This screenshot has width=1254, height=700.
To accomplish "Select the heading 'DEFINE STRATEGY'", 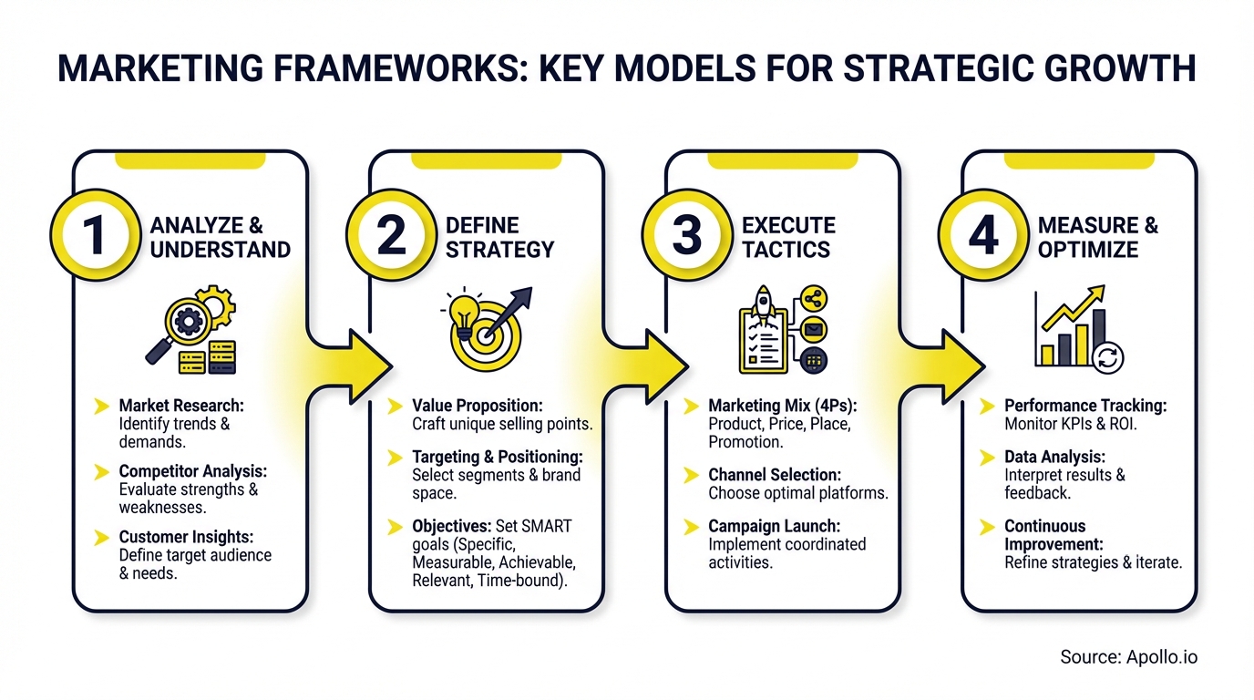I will point(499,238).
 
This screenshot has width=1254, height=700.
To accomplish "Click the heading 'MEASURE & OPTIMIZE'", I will point(1097,238).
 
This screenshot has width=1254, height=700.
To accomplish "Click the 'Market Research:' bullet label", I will point(181,406).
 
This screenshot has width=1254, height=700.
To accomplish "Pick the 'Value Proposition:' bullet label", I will point(478,406).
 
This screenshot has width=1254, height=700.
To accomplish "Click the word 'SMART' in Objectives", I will point(546,526).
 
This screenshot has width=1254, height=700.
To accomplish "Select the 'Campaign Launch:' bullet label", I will point(774,526).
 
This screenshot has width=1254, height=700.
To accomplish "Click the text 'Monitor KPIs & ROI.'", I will point(1071,424).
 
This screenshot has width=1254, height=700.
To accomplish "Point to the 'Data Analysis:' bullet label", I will point(1054,457).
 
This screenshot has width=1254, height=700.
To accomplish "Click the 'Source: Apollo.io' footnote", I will point(1128,656).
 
